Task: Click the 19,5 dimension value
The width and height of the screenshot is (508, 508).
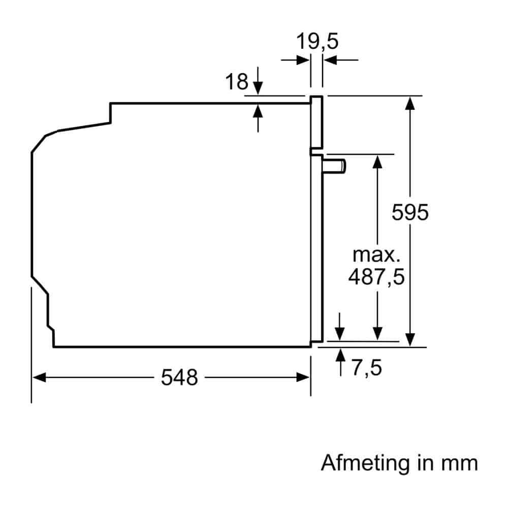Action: tap(317, 41)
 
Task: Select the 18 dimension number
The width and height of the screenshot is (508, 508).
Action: tap(237, 82)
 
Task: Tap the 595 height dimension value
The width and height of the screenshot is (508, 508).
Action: tap(410, 212)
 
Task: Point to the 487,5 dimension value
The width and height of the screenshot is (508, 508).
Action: tap(376, 277)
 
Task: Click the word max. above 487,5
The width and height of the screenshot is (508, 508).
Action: tap(376, 255)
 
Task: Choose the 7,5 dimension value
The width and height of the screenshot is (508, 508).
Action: tap(367, 368)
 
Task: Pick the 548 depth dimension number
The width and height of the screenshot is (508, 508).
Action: tap(179, 377)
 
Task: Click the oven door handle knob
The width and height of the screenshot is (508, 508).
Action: tap(334, 166)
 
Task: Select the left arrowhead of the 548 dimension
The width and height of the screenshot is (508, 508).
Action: tap(39, 377)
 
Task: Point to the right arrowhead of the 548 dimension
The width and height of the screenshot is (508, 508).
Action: tap(303, 377)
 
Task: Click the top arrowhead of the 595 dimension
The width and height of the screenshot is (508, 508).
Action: tap(410, 104)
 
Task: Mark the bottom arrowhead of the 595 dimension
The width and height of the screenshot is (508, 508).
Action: tap(410, 340)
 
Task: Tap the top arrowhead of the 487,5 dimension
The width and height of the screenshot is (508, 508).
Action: tap(377, 162)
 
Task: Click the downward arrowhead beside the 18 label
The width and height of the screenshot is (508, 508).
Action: tap(258, 88)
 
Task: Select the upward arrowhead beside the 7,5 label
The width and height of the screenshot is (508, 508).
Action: tap(340, 355)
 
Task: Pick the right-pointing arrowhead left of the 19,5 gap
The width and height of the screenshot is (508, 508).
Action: tap(303, 60)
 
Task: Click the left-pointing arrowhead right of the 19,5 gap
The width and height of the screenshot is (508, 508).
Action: tap(331, 60)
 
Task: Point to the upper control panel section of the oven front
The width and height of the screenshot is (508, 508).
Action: tap(316, 122)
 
